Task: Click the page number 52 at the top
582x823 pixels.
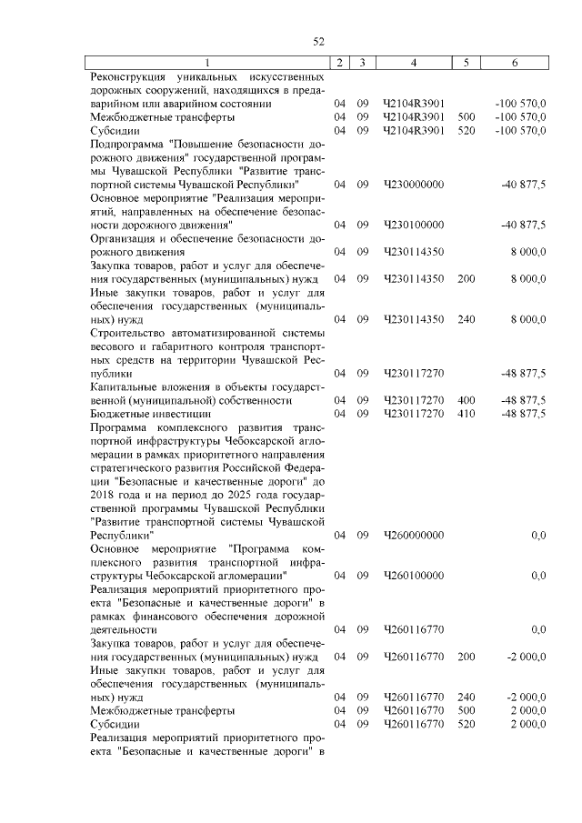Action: (x=319, y=41)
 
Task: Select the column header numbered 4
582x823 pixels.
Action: (x=414, y=63)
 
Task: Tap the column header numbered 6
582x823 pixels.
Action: (x=515, y=63)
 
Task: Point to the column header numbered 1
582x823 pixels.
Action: (x=207, y=63)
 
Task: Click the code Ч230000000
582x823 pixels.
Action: (x=414, y=185)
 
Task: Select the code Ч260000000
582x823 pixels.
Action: (x=414, y=536)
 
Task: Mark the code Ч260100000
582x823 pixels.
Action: (x=414, y=576)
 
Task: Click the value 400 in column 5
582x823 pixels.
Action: (x=467, y=400)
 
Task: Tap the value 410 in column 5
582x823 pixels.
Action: (x=467, y=414)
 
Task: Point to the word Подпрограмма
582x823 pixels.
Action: (x=128, y=144)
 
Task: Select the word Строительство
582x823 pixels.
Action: (x=128, y=333)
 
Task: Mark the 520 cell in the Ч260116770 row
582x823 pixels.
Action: (x=467, y=724)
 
